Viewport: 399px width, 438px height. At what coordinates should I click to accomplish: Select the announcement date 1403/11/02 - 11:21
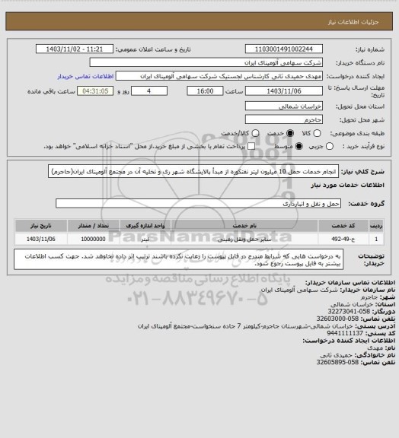click(75, 49)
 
